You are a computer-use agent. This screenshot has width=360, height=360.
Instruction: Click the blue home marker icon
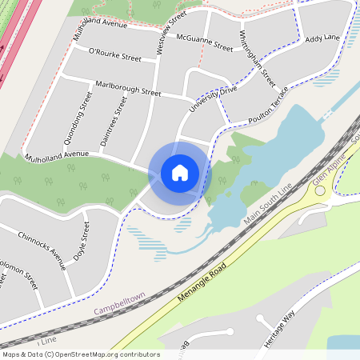180,172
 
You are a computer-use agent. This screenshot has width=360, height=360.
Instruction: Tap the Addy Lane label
322,38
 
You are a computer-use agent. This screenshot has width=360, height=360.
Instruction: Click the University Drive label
214,101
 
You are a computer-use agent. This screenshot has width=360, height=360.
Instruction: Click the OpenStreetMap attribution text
81,354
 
